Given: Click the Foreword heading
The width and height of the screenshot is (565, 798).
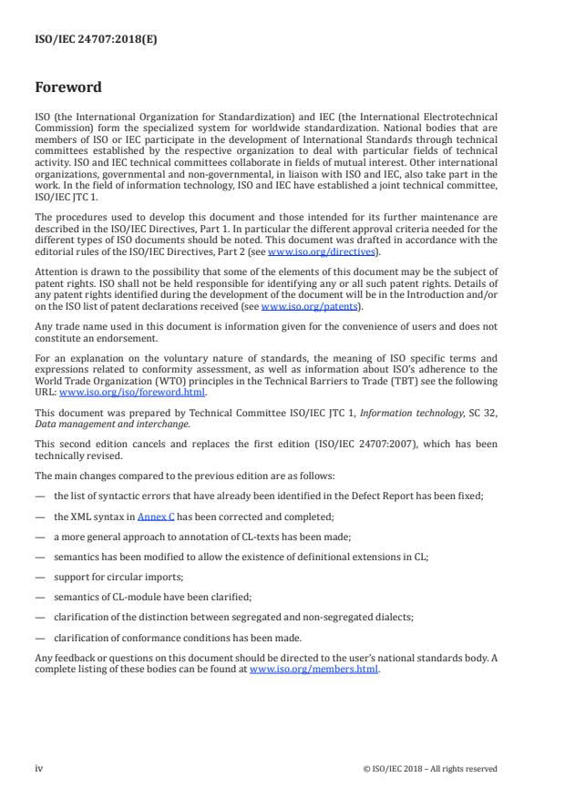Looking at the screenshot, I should tap(68, 88).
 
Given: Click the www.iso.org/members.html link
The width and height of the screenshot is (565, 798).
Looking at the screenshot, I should tap(313, 670).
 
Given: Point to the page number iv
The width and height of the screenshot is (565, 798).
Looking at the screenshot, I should tap(38, 768).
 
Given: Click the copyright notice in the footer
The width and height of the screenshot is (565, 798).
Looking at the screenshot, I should tap(429, 768).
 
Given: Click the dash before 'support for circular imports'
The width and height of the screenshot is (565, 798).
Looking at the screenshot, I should tap(40, 576).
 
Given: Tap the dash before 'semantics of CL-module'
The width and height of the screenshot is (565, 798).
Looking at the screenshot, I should tap(40, 596).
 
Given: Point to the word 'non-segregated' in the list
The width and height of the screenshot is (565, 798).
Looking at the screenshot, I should tap(339, 616).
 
